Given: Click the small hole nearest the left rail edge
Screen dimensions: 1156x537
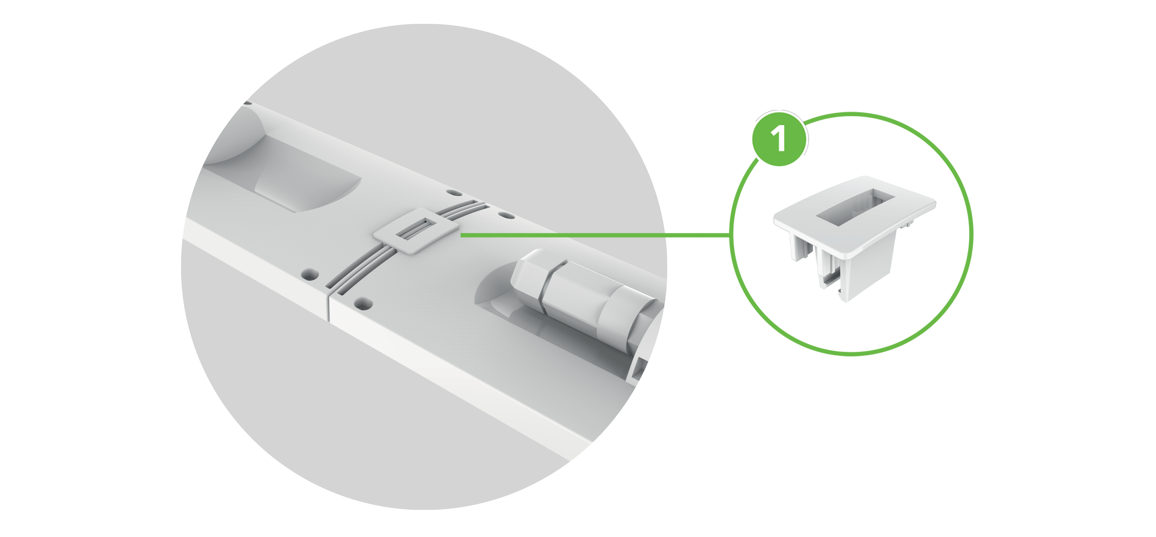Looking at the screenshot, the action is coord(310,274).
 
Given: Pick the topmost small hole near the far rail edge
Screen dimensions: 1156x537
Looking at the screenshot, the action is coord(455,193).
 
